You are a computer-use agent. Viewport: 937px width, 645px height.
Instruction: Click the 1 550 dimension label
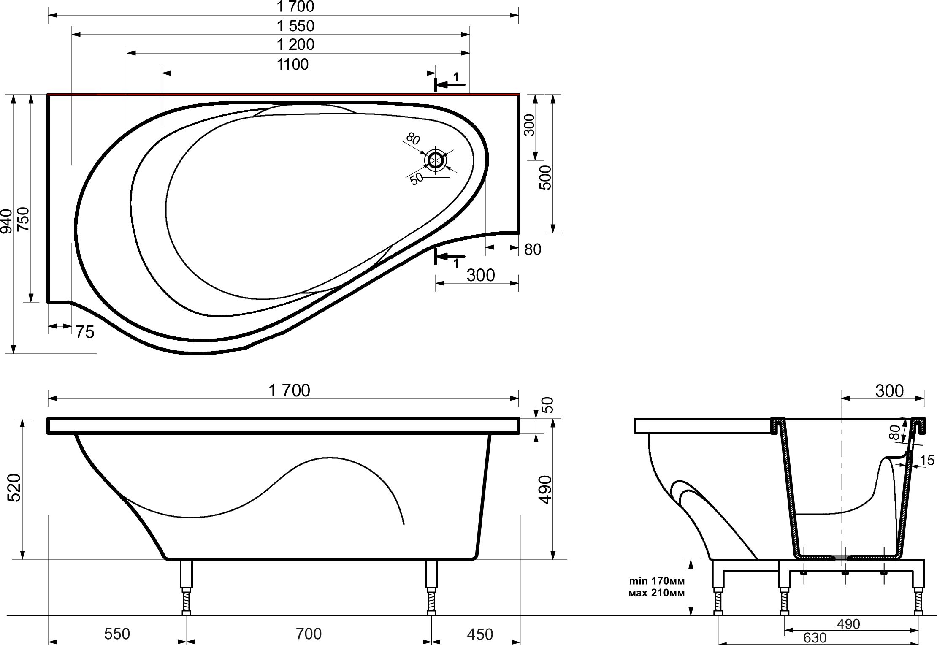(295, 26)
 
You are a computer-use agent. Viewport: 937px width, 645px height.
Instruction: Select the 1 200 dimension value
(295, 45)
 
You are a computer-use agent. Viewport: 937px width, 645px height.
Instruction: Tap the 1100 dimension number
(292, 65)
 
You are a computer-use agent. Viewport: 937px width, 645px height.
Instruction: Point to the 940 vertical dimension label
(7, 221)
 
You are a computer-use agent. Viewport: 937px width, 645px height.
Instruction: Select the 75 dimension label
(85, 333)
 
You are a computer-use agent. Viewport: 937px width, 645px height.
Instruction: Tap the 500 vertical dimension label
(545, 177)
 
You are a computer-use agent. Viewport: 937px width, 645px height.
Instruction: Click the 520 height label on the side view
(14, 488)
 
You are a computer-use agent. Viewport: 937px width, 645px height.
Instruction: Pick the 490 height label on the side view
(545, 489)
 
